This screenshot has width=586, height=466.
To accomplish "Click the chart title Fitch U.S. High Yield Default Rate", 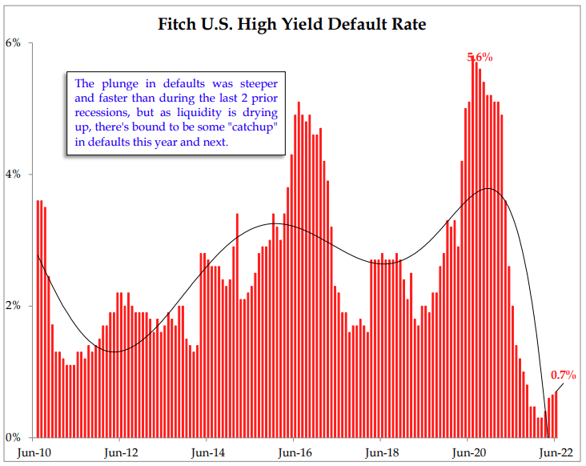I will [x=292, y=24].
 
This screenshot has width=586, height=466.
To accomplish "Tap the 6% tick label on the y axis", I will [x=14, y=42].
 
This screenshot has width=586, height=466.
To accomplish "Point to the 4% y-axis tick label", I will [x=14, y=174].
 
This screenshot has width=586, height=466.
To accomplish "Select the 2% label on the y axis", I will [x=14, y=306].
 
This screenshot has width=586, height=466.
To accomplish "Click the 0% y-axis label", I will [x=14, y=437].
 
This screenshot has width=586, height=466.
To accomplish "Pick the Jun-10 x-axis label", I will [x=34, y=452].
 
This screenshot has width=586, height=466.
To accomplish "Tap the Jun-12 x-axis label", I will [x=120, y=452].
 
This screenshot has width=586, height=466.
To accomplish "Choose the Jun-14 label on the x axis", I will [x=207, y=452].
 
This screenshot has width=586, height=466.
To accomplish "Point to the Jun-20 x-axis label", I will [x=467, y=452].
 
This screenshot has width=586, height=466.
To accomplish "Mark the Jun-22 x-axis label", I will [x=554, y=452].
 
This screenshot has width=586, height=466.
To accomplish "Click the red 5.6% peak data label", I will [x=480, y=58].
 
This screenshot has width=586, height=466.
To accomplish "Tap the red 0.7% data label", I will [x=564, y=375].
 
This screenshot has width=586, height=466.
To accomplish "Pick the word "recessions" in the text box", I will [x=102, y=113].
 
